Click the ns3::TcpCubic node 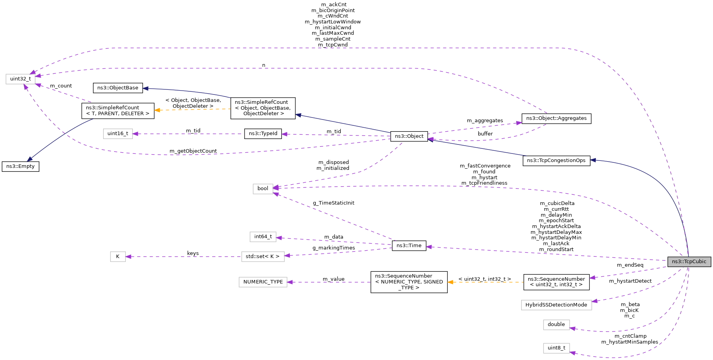[689, 262]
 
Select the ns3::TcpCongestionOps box [556, 160]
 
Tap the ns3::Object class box [409, 136]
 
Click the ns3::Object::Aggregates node [556, 118]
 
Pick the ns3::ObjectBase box [118, 88]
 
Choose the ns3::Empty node [20, 166]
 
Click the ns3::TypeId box [263, 134]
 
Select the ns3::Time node [409, 246]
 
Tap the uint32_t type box [20, 79]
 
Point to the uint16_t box [118, 134]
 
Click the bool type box [263, 189]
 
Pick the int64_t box [263, 237]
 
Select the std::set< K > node [263, 257]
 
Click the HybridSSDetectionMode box [556, 305]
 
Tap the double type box [556, 324]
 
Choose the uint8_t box [556, 348]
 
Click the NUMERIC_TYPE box [263, 282]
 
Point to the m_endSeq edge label [630, 265]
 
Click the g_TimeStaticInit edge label [333, 203]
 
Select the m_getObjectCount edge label [193, 151]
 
